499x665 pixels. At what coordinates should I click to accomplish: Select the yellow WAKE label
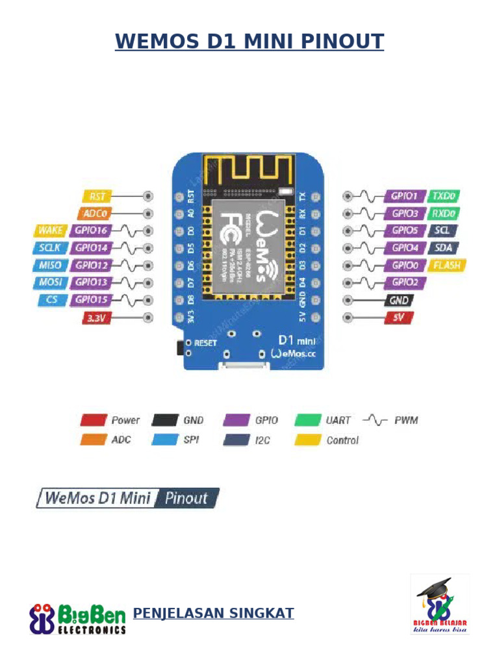[x=49, y=230]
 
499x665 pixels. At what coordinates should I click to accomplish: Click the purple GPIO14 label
[x=91, y=247]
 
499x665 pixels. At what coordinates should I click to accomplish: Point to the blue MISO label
[x=49, y=265]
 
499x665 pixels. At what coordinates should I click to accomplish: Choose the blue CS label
[x=51, y=299]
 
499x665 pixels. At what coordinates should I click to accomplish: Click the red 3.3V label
[x=97, y=318]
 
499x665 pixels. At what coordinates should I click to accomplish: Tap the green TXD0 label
[x=445, y=195]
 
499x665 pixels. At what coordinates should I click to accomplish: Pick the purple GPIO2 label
[x=407, y=282]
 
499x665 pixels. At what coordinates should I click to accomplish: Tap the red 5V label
[x=398, y=318]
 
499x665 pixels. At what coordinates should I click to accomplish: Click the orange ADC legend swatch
[x=93, y=440]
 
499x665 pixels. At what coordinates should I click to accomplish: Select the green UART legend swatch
[x=308, y=420]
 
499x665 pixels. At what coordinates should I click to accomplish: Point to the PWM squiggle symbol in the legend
[x=375, y=420]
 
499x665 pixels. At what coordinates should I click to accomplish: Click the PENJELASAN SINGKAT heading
[x=213, y=613]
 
